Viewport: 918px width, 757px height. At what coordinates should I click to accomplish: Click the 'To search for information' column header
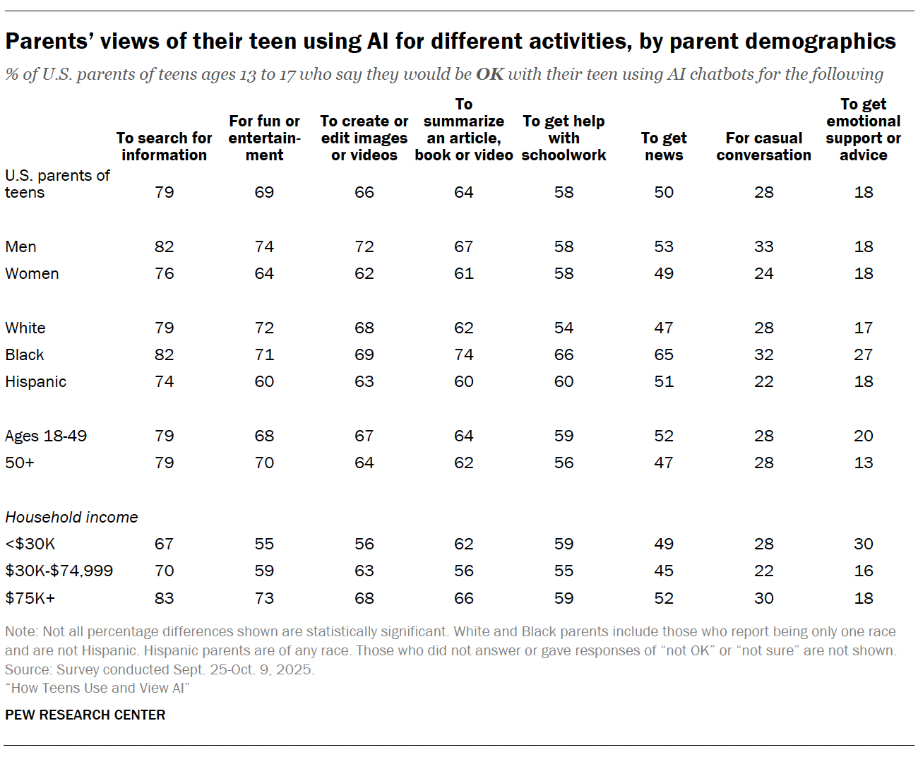pos(164,146)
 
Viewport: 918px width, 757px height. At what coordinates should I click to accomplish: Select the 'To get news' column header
pos(663,146)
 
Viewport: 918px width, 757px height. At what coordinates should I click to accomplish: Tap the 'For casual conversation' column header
pos(763,146)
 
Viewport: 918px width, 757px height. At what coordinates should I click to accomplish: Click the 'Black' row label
pos(25,354)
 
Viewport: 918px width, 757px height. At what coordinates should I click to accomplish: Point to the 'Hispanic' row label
pos(35,381)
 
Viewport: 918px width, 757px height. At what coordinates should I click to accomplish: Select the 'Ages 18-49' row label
pos(46,436)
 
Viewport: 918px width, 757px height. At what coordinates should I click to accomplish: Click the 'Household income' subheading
pos(71,517)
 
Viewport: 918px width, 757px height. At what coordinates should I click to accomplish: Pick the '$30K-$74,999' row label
pos(59,571)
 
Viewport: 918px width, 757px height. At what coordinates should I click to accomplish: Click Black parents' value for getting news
pos(663,354)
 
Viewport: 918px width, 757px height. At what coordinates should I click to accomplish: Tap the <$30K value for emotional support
pos(863,544)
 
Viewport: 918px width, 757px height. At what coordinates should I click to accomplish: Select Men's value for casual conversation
pos(763,246)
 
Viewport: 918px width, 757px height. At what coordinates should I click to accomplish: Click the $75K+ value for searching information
pos(164,598)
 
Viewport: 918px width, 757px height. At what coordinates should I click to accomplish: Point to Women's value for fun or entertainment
pos(264,273)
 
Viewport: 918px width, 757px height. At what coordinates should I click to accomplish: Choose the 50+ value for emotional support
pos(863,463)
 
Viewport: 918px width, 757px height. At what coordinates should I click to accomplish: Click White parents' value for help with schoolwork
pos(564,328)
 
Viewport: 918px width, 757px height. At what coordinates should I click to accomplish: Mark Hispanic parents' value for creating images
pos(364,381)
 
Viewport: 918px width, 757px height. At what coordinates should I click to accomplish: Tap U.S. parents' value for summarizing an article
pos(463,192)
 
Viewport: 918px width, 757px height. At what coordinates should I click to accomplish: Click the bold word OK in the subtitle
pos(489,74)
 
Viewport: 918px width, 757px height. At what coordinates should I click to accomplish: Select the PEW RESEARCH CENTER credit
pos(85,715)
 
